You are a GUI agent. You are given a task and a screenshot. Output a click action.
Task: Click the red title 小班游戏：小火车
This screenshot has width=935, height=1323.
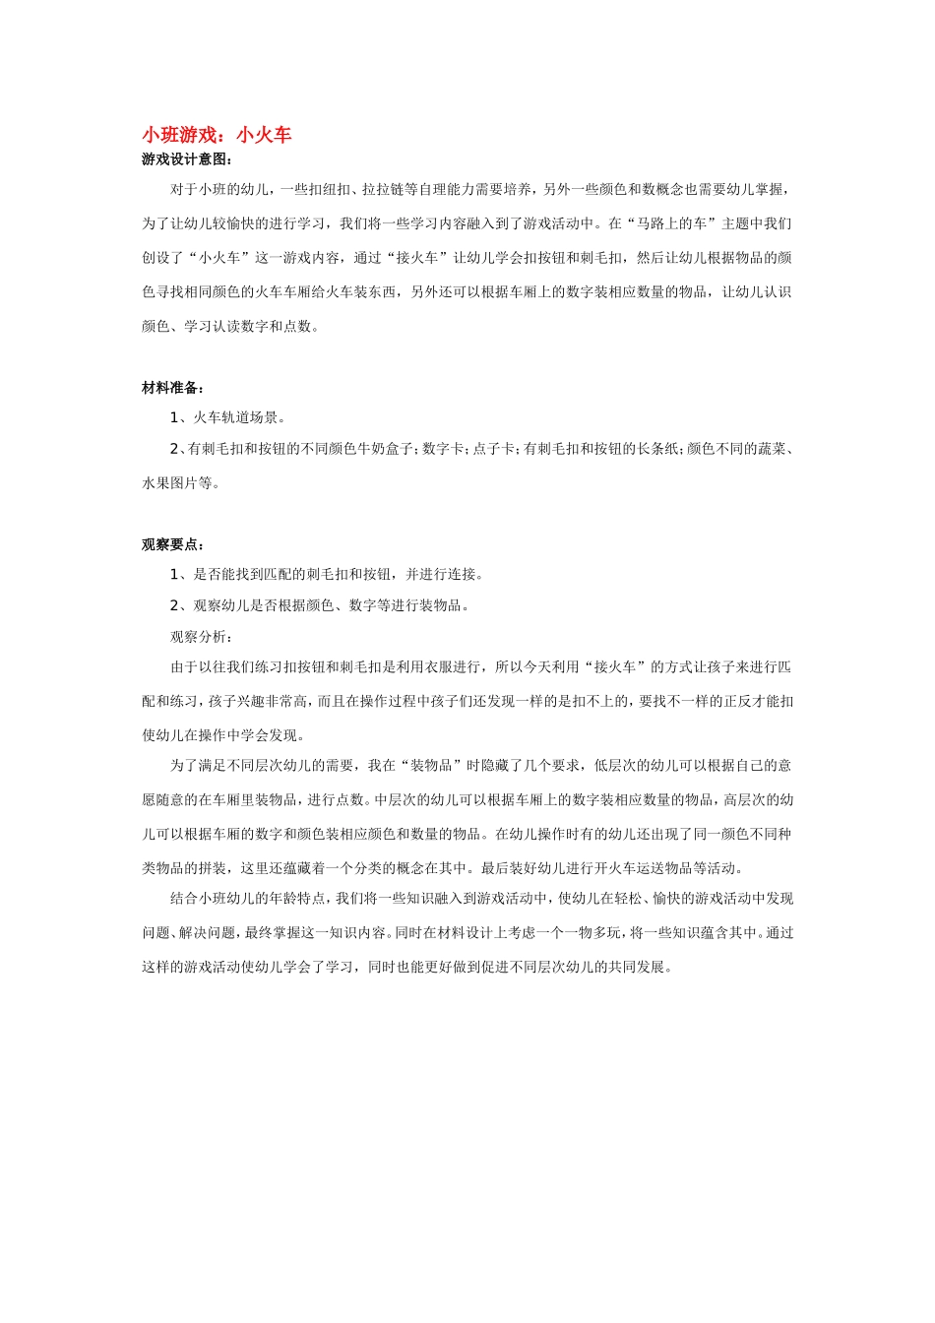(217, 135)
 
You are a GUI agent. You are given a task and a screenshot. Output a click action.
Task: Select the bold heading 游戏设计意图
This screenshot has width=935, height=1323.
(184, 159)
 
